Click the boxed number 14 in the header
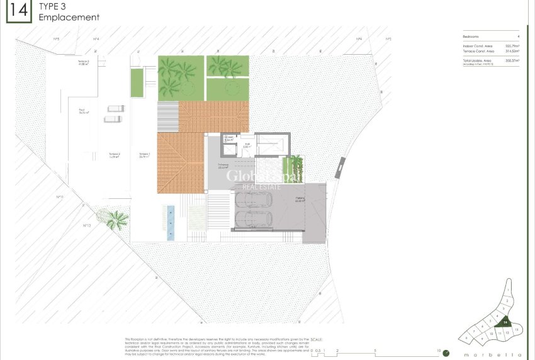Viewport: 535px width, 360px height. pos(18,11)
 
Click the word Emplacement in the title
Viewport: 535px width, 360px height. pos(69,18)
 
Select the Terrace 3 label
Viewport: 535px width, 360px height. pos(84,62)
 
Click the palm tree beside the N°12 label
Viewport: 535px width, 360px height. pos(116,219)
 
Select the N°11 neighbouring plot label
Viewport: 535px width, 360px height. pos(60,197)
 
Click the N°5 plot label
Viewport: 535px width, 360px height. pos(56,39)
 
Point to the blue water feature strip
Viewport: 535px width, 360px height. pos(171,222)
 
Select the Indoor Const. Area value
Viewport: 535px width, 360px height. pos(510,46)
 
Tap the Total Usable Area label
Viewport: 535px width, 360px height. pos(478,60)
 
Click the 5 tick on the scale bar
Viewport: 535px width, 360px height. pos(375,351)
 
